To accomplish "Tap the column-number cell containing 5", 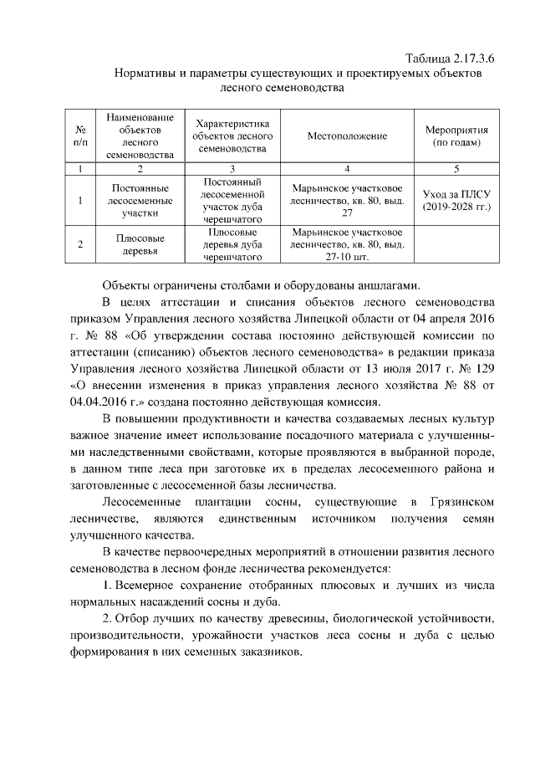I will point(456,169).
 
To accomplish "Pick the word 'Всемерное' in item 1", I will point(145,584).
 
